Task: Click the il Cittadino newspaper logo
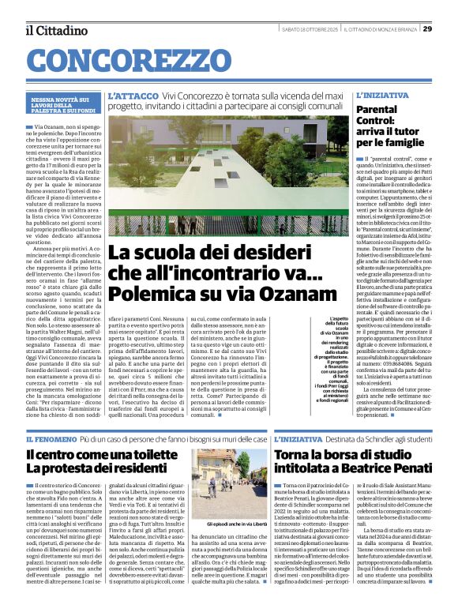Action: pos(57,30)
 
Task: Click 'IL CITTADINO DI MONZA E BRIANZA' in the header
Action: pos(380,30)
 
